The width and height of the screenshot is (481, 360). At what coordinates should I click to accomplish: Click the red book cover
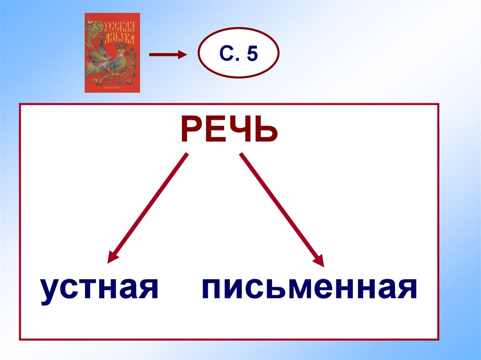pos(112,53)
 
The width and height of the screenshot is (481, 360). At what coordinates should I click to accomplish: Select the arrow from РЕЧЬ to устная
pos(148,207)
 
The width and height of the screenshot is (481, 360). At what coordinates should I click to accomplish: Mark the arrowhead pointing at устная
pos(111,257)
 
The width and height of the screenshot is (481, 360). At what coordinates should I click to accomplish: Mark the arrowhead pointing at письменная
pos(320,261)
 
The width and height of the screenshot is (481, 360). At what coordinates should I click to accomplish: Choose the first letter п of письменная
pos(213,290)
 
